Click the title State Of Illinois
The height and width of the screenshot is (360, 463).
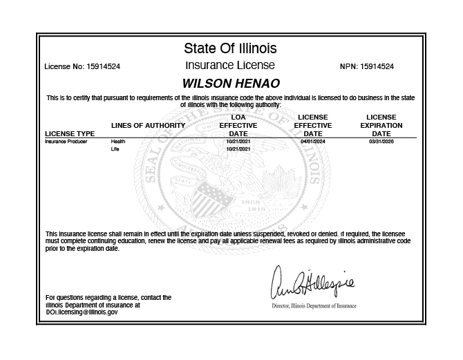coord(230,48)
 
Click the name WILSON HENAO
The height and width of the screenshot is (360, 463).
coord(230,82)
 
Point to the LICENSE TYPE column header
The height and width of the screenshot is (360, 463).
coord(70,133)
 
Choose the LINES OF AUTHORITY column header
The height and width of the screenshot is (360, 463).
coord(148,126)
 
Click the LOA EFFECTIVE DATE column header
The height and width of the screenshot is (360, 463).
coord(237,125)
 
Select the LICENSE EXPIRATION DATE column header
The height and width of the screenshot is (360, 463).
coord(381,125)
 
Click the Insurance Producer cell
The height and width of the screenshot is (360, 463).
coord(66,140)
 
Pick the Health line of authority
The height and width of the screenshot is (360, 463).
coord(118,140)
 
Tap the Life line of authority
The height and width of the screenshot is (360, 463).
coord(115,149)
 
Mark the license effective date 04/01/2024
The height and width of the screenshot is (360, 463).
coord(312,140)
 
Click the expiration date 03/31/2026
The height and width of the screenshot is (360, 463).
coord(381,140)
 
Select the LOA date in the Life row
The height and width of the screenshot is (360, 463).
coord(237,149)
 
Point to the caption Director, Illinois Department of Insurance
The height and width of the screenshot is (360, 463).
coord(314,305)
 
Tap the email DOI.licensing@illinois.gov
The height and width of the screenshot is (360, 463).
coord(82,312)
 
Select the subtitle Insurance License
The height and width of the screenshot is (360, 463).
coord(230,66)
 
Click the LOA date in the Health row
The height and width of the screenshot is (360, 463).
coord(237,140)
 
